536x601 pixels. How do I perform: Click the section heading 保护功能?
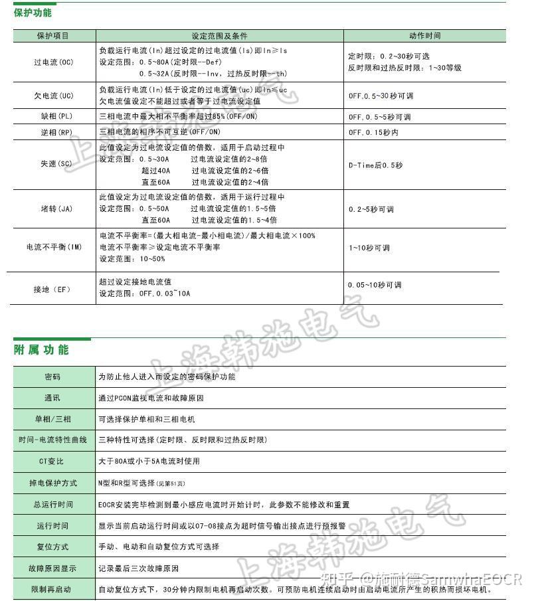(x=33, y=13)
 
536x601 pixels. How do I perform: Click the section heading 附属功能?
(x=41, y=349)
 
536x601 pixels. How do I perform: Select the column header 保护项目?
(x=53, y=36)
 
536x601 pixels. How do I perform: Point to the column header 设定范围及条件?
(x=219, y=36)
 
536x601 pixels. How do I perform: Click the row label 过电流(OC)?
(x=53, y=62)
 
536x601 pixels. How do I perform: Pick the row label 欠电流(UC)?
(x=53, y=96)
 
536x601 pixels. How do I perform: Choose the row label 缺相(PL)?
(x=53, y=116)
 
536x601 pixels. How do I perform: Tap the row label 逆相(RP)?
(x=53, y=132)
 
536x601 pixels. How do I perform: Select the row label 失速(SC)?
(x=53, y=165)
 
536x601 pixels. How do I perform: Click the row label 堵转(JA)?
(x=53, y=209)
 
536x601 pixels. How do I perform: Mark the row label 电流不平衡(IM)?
(x=53, y=247)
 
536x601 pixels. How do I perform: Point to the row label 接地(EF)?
(x=53, y=290)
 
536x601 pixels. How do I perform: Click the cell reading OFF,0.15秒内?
(x=373, y=132)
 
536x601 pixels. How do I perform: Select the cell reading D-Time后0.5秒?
(x=375, y=165)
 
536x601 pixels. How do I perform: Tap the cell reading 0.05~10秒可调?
(x=375, y=285)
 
